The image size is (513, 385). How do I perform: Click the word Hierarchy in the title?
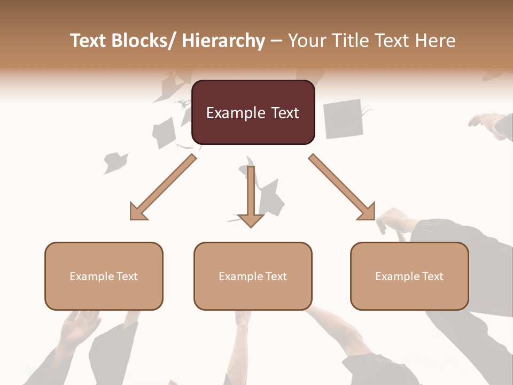coord(223,41)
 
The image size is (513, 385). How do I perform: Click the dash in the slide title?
coord(276,41)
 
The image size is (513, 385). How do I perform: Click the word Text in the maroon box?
coord(284,113)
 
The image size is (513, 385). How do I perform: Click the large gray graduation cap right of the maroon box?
coord(344,118)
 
